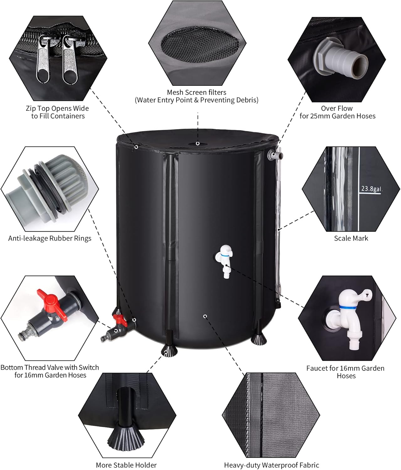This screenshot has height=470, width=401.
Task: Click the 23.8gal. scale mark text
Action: [372, 189]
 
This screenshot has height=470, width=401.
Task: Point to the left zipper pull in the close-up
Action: [43, 61]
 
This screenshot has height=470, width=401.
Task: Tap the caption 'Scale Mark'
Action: [351, 238]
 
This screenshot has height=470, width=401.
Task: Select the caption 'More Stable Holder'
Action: [126, 465]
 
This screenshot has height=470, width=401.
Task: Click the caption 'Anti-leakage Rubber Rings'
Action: [50, 238]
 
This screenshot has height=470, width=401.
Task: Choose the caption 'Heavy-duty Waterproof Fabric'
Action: [272, 465]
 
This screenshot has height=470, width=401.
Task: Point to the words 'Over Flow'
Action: [336, 108]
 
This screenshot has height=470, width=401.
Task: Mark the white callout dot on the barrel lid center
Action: [198, 144]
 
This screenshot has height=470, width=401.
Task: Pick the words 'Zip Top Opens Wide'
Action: [57, 108]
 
